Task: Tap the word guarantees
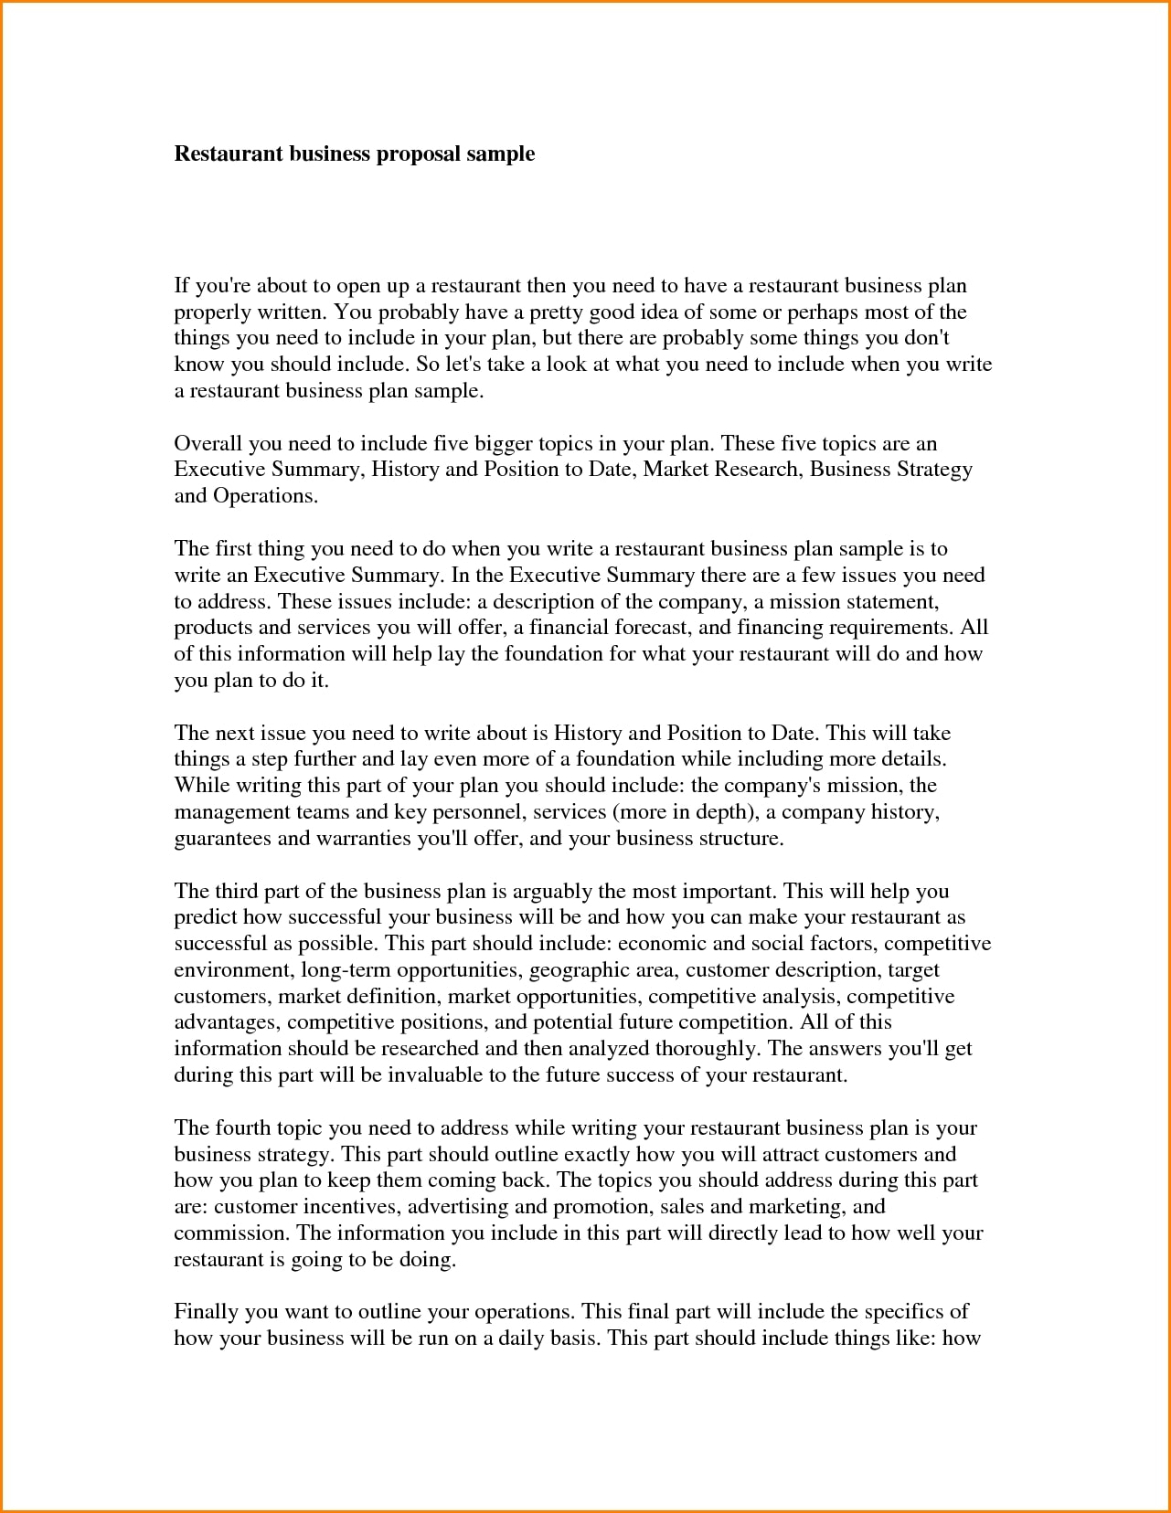(222, 839)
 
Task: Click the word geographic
(571, 970)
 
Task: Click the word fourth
(242, 1128)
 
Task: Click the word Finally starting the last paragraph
(207, 1312)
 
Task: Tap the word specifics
(903, 1312)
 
